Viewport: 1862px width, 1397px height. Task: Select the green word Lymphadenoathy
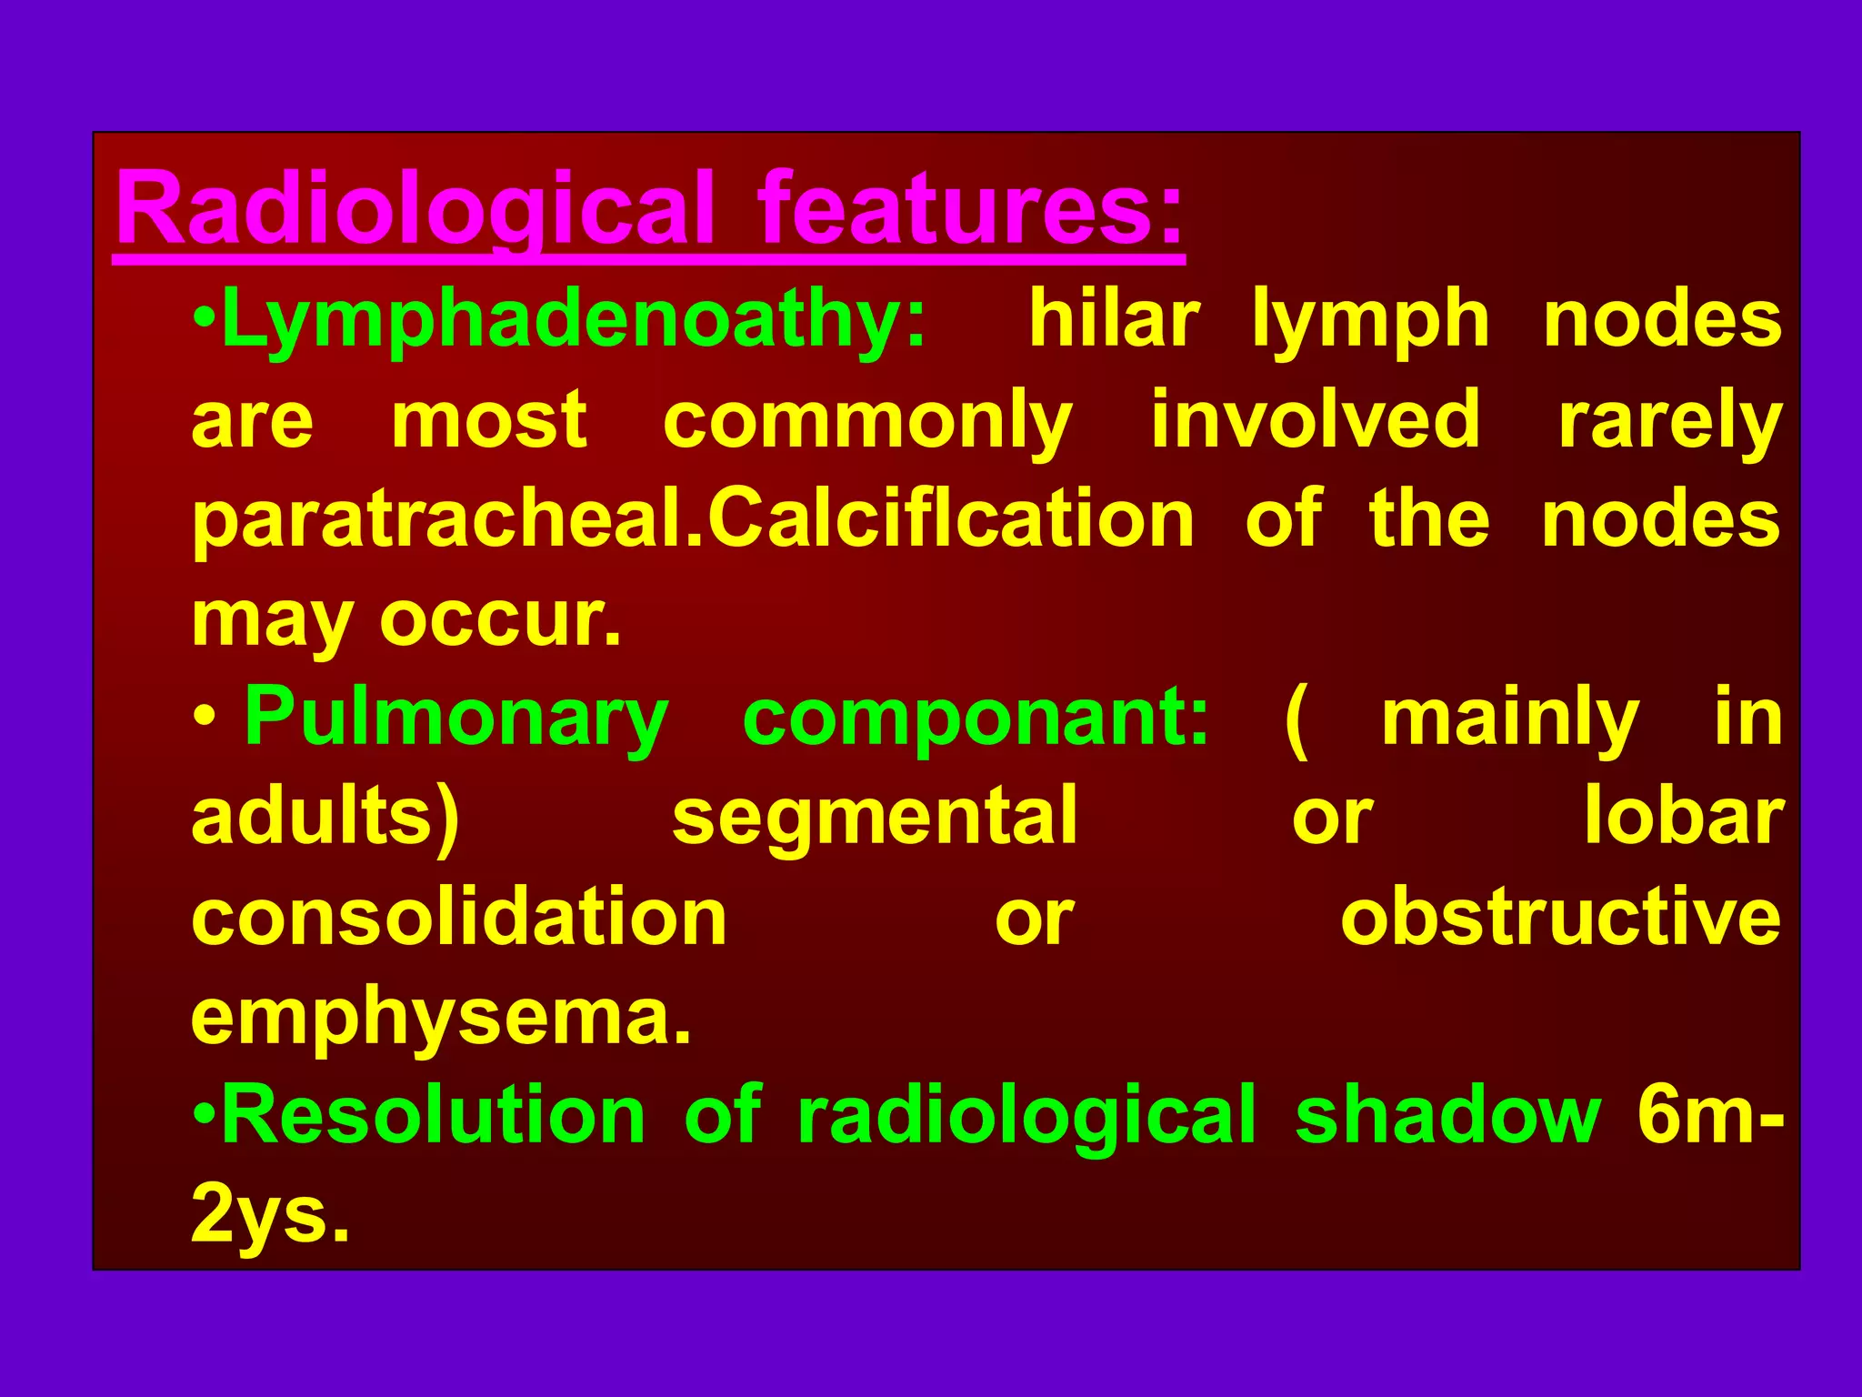click(573, 319)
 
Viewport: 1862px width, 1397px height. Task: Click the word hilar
click(1114, 319)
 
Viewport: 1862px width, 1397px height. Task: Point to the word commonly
click(867, 421)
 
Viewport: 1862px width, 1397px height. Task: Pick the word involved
click(1316, 419)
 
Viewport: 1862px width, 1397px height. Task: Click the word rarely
click(1669, 421)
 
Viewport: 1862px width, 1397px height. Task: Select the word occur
click(499, 619)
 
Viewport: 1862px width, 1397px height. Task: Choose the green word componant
click(976, 719)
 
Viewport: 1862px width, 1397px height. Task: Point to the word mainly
click(1510, 719)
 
